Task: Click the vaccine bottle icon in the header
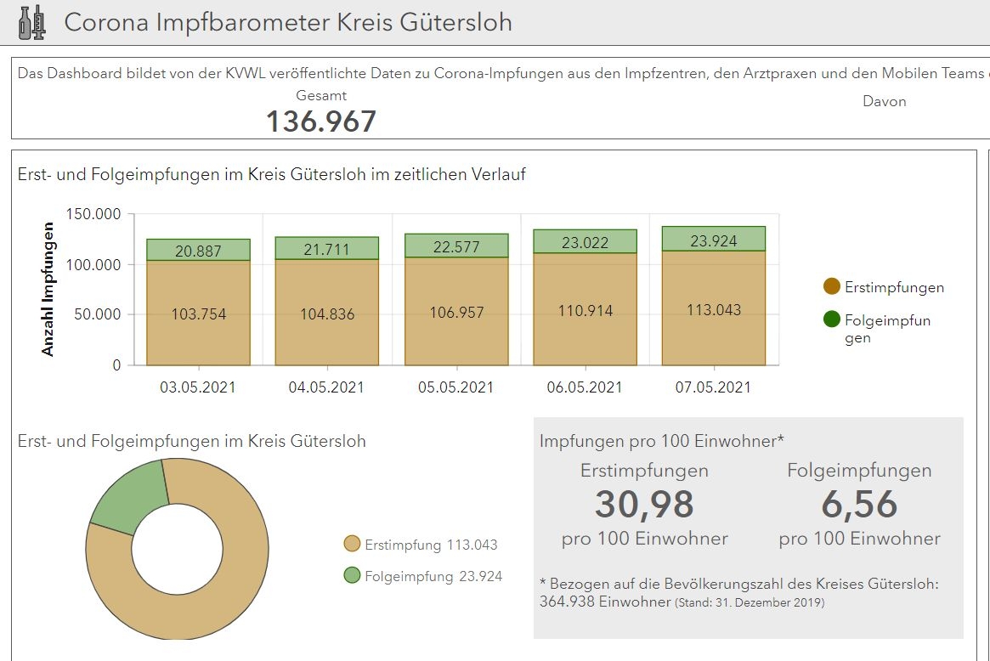click(x=32, y=22)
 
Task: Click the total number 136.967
click(x=320, y=121)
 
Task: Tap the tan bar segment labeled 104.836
click(x=327, y=313)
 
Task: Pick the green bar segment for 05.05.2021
click(x=456, y=246)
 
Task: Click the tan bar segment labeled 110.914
click(x=586, y=309)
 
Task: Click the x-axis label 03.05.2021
click(x=198, y=387)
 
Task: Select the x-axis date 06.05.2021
click(x=585, y=387)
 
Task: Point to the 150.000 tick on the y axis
click(x=93, y=214)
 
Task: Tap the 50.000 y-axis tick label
click(x=97, y=314)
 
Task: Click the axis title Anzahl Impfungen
click(x=48, y=289)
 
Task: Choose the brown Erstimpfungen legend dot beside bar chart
click(x=832, y=287)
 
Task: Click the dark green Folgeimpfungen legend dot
click(x=832, y=320)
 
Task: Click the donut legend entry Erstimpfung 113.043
click(x=421, y=545)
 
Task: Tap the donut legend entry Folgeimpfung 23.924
click(x=422, y=576)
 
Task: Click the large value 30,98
click(x=644, y=505)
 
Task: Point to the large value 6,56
click(x=859, y=505)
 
